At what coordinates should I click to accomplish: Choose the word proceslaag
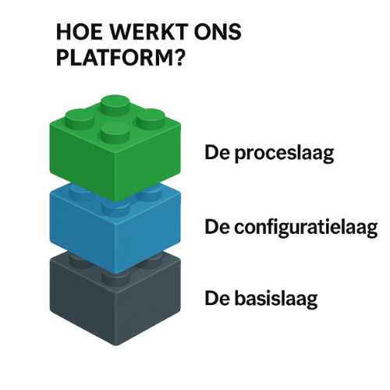tap(284, 154)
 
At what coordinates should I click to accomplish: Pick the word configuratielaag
tap(306, 228)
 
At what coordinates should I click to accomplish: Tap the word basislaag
tap(276, 299)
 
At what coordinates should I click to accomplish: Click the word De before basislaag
tap(218, 299)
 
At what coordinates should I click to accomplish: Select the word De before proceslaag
tap(218, 153)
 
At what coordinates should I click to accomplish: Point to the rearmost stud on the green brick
tap(115, 105)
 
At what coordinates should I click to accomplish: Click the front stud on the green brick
tap(115, 133)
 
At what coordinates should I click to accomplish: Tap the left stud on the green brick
tap(80, 119)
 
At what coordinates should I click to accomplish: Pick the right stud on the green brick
tap(151, 119)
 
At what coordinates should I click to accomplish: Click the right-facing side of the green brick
tap(148, 162)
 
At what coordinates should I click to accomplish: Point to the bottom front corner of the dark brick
tap(115, 346)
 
